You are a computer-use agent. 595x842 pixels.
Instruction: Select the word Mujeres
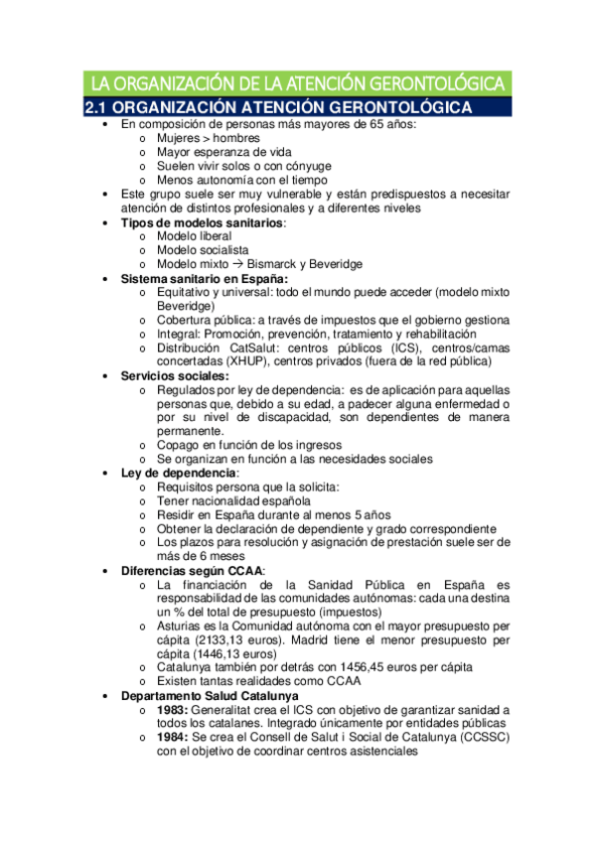tap(180, 139)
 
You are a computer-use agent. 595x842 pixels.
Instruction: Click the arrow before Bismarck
tap(240, 264)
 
